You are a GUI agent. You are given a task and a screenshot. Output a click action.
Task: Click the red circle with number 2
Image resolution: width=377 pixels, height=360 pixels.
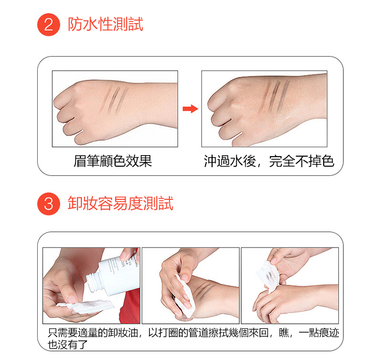pyautogui.click(x=49, y=25)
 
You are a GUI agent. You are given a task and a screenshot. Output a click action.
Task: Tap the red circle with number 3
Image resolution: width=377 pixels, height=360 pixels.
pyautogui.click(x=49, y=204)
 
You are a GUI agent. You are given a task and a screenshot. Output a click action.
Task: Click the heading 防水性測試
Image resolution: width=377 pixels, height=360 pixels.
pyautogui.click(x=106, y=24)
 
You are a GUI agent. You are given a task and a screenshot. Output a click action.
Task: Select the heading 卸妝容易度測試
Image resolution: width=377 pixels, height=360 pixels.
pyautogui.click(x=121, y=203)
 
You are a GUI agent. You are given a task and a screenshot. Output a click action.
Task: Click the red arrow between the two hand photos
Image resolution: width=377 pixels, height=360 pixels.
pyautogui.click(x=191, y=109)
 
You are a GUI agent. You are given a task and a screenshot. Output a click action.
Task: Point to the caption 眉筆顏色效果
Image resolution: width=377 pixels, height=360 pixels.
pyautogui.click(x=113, y=161)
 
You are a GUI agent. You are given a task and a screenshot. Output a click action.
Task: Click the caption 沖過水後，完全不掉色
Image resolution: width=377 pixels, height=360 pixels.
pyautogui.click(x=269, y=161)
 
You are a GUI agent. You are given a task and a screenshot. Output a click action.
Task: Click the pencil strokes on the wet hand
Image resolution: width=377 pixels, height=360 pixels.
pyautogui.click(x=275, y=96)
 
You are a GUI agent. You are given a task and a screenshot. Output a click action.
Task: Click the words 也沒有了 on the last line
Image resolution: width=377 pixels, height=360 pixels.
pyautogui.click(x=67, y=344)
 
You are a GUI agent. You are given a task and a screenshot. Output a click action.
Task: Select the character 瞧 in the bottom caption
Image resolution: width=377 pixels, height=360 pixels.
pyautogui.click(x=284, y=332)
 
